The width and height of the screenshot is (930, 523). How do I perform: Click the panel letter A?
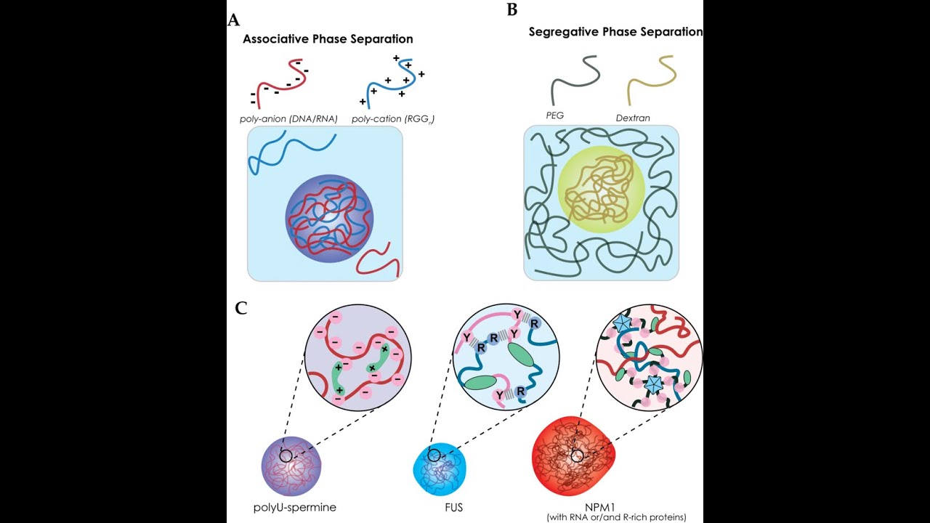coord(234,20)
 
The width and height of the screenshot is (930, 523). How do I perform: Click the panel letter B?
coord(512,9)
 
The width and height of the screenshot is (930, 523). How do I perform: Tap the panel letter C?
coord(240,308)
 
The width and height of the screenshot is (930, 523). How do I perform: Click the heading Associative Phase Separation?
coord(328,39)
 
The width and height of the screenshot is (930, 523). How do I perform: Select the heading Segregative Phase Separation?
coord(615,32)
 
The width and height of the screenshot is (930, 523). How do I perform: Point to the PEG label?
coord(554,115)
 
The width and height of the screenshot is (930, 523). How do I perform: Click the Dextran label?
coord(633,118)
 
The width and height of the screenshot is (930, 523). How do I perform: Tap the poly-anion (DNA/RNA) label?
coord(288,119)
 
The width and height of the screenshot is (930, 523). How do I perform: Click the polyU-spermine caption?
coord(295,507)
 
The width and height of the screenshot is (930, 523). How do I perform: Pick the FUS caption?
coord(453,507)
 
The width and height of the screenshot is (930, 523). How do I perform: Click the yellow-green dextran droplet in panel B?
coord(601,190)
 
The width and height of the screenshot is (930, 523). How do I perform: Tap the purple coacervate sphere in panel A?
coord(329,219)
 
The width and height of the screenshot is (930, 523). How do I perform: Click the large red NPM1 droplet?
coord(573,455)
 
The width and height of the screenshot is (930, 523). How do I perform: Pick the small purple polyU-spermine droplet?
coord(291,466)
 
